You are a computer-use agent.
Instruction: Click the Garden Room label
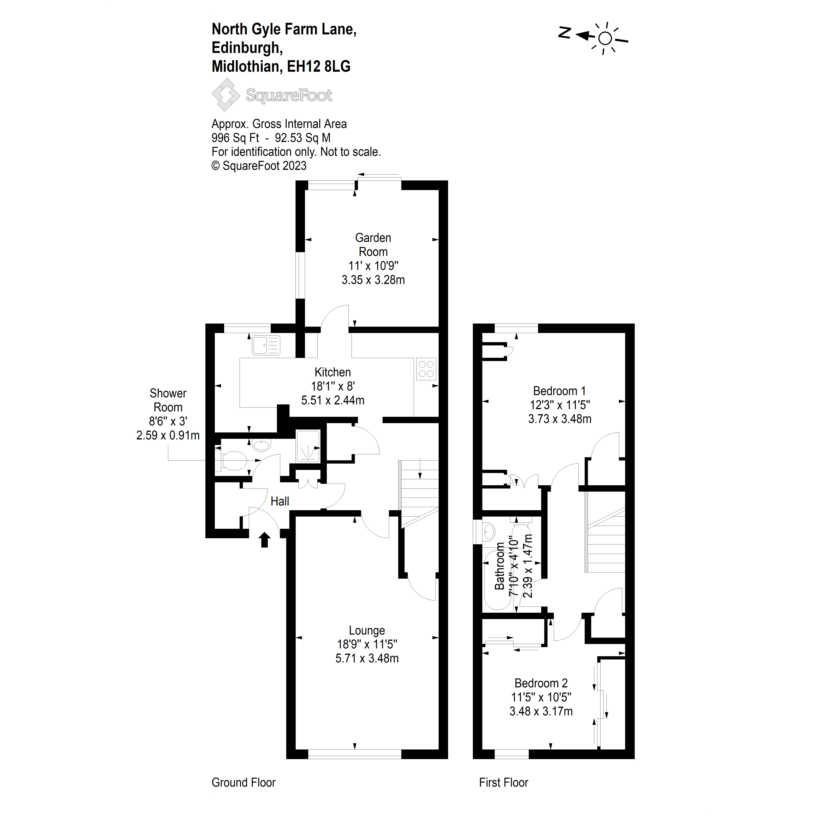point(373,245)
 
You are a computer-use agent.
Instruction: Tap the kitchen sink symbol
point(266,345)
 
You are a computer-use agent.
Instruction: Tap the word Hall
point(280,501)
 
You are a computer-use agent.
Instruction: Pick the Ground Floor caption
point(243,783)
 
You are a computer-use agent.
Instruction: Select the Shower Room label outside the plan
point(168,400)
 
